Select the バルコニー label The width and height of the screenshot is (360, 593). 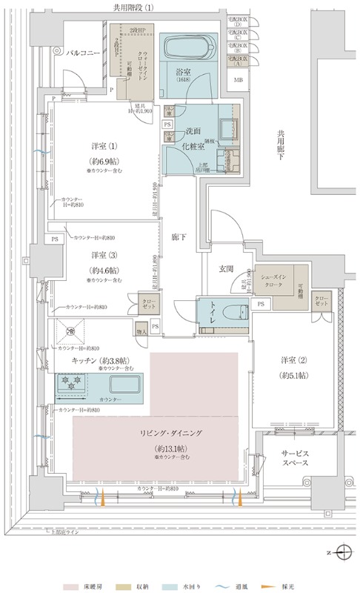click(83, 53)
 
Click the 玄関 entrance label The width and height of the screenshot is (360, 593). click(226, 268)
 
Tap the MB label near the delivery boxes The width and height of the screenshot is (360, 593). click(238, 79)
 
